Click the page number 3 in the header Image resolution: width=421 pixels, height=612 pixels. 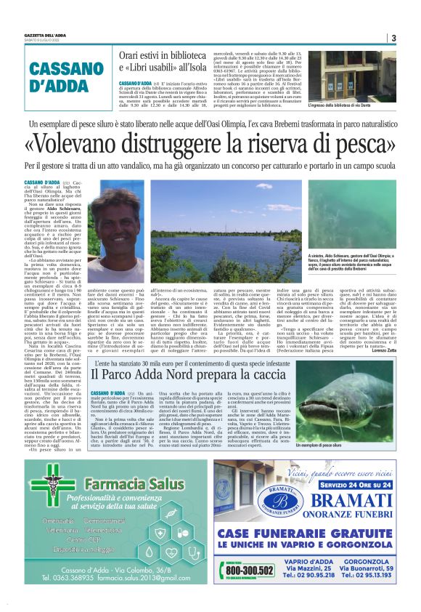[x=393, y=38]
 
